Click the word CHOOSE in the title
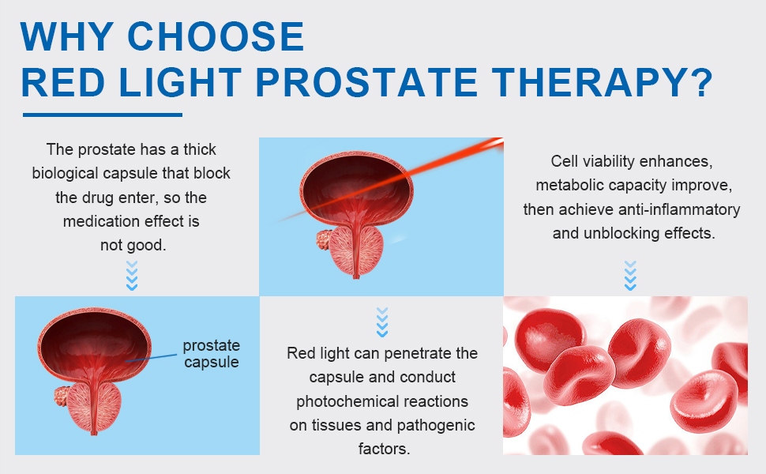point(216,36)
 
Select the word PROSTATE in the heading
point(366,81)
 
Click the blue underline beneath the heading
point(103,115)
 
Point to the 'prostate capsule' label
point(211,353)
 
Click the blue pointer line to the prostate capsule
point(151,358)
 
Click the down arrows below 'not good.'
point(132,276)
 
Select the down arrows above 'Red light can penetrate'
point(382,322)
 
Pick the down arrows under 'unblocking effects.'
point(631,276)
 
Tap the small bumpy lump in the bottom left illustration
point(61,397)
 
